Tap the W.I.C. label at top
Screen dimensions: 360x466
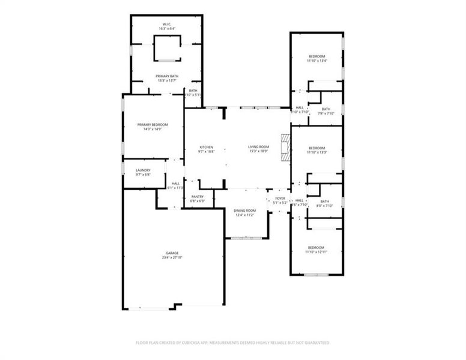click(x=167, y=25)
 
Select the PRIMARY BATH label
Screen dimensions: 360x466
click(x=167, y=76)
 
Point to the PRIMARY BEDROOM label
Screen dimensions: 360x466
click(x=153, y=125)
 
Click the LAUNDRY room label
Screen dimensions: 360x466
click(x=142, y=170)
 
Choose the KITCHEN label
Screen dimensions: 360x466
click(x=207, y=147)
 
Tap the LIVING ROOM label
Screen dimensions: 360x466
click(x=259, y=147)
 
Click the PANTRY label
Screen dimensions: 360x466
click(x=197, y=197)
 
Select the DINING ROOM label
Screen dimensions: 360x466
click(x=244, y=211)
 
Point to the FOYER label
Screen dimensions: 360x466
click(x=280, y=199)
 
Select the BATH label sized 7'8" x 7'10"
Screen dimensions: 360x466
click(x=326, y=109)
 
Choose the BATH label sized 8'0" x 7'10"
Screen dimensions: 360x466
click(x=325, y=202)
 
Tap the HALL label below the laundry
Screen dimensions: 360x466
click(x=175, y=184)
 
